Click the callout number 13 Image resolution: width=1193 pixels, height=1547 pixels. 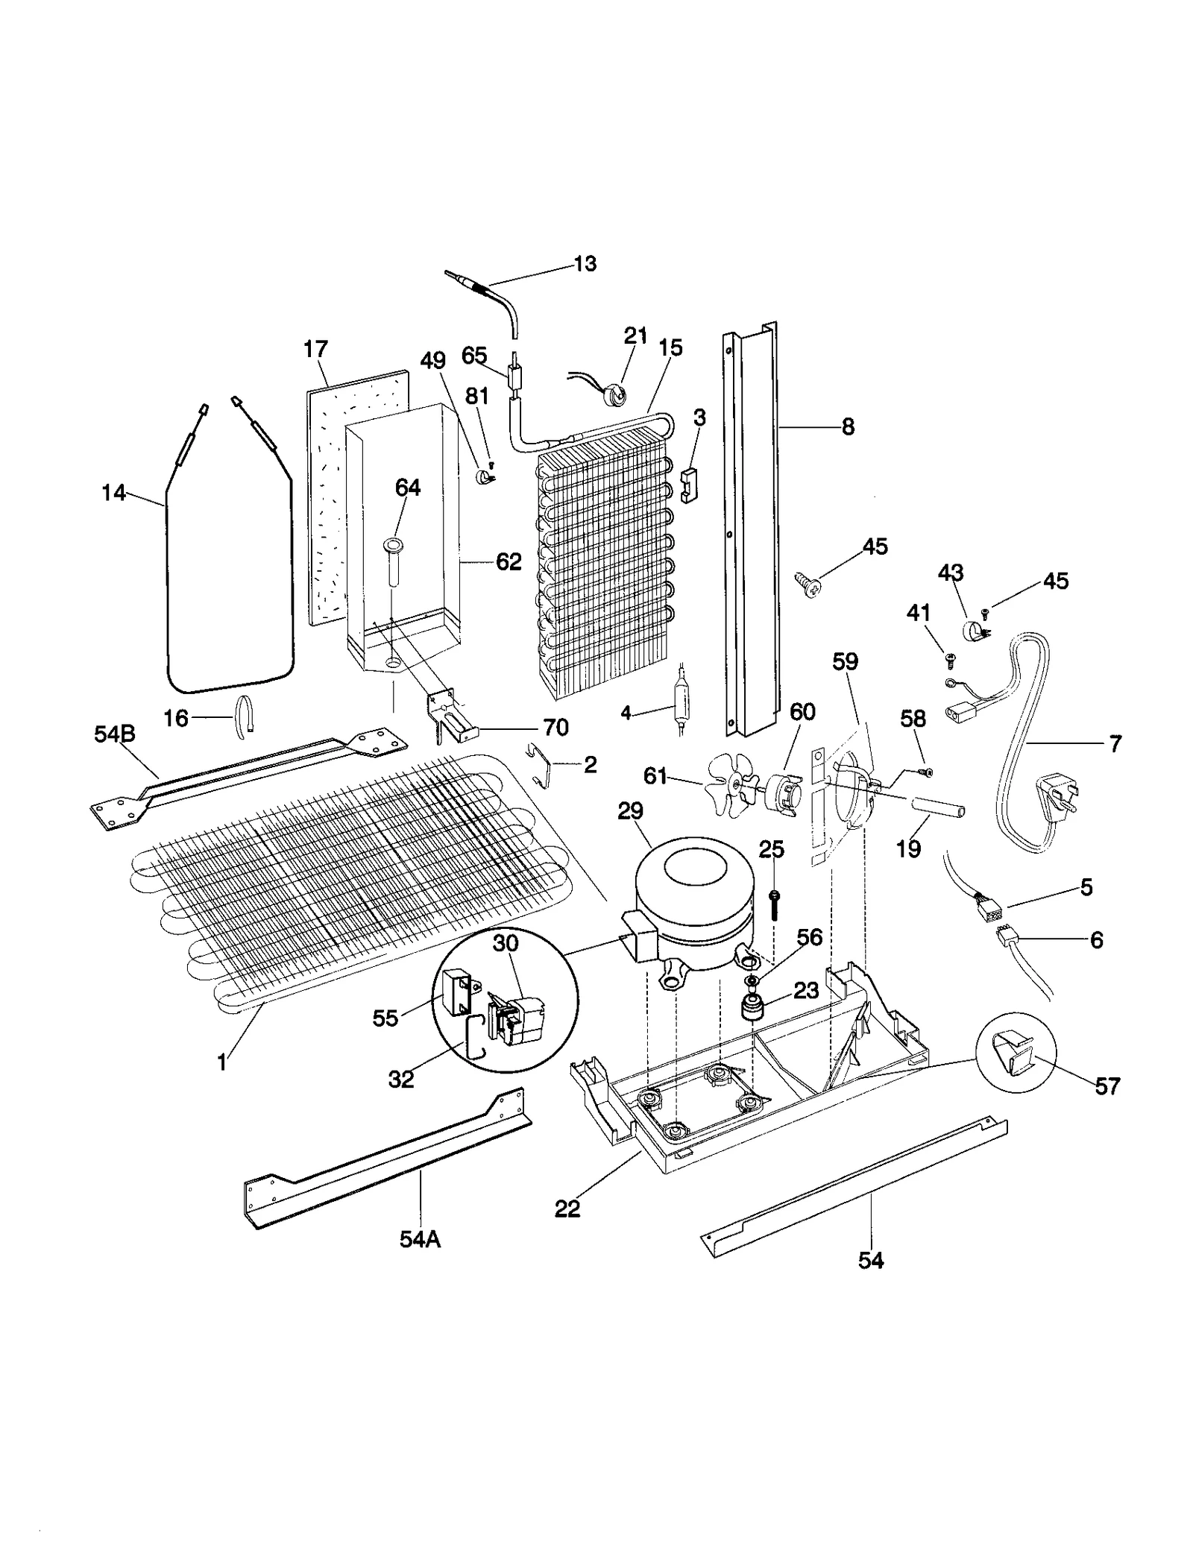pos(585,263)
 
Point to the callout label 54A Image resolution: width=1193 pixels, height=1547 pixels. pos(420,1239)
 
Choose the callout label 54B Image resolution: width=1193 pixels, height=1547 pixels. pos(114,734)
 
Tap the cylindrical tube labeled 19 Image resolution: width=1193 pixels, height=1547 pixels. pos(934,808)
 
